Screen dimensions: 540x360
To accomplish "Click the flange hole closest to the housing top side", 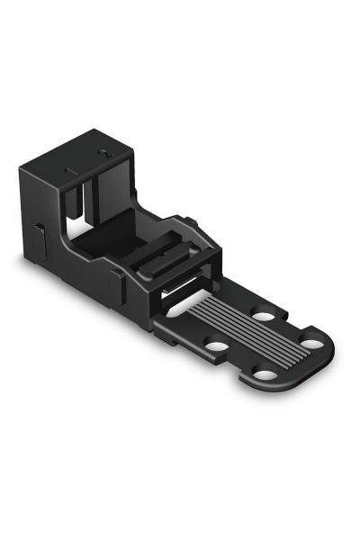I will (264, 316).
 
